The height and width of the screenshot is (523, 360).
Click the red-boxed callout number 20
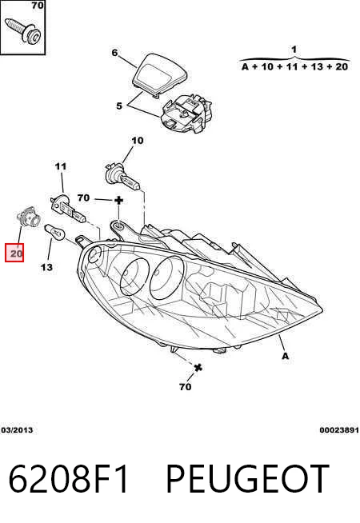tap(14, 254)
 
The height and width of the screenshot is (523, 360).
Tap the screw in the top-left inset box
tap(23, 30)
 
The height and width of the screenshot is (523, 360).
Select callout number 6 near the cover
tap(114, 53)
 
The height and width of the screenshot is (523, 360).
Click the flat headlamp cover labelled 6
tap(159, 74)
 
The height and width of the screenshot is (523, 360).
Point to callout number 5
tap(119, 106)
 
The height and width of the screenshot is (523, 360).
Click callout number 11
tap(60, 166)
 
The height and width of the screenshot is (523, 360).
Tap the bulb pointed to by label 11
tap(68, 210)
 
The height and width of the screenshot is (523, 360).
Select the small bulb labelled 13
tap(54, 231)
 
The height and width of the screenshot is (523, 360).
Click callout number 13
tap(46, 267)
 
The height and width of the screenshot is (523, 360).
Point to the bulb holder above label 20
tap(28, 217)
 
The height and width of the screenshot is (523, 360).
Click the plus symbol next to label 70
tap(118, 200)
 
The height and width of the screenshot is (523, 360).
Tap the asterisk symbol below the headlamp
tap(198, 368)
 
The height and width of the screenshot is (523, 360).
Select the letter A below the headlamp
tap(285, 356)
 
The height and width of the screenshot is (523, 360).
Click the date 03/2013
tap(17, 430)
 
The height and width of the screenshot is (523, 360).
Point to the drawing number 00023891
tap(339, 430)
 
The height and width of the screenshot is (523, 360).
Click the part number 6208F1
tap(68, 479)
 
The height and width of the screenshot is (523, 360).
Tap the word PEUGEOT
tap(247, 479)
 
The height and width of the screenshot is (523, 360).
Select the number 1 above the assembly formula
tap(294, 50)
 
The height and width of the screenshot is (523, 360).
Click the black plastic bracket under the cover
tap(187, 112)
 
